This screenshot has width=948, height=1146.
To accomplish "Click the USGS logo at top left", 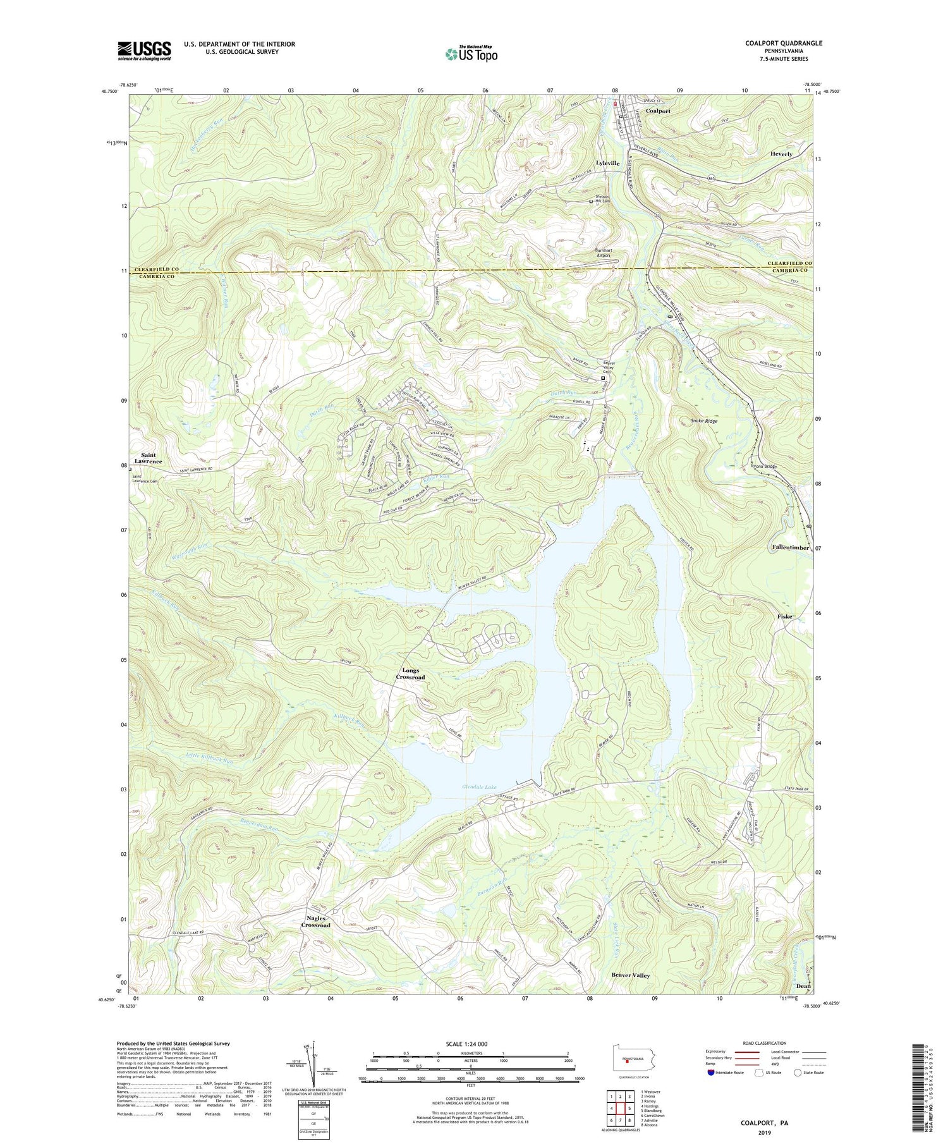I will pyautogui.click(x=144, y=51).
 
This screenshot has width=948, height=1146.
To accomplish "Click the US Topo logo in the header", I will pyautogui.click(x=471, y=54).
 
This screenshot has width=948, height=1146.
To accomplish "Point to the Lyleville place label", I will pyautogui.click(x=605, y=163).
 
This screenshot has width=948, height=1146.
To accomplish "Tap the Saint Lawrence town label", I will pyautogui.click(x=150, y=458).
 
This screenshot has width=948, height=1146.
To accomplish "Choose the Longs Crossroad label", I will pyautogui.click(x=410, y=674).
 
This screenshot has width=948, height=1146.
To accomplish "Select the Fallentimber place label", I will pyautogui.click(x=790, y=547).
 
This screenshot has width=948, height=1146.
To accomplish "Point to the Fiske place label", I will pyautogui.click(x=784, y=616).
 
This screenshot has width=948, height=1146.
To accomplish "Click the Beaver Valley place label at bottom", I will pyautogui.click(x=630, y=975).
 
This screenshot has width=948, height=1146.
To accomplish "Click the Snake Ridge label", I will pyautogui.click(x=703, y=420).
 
